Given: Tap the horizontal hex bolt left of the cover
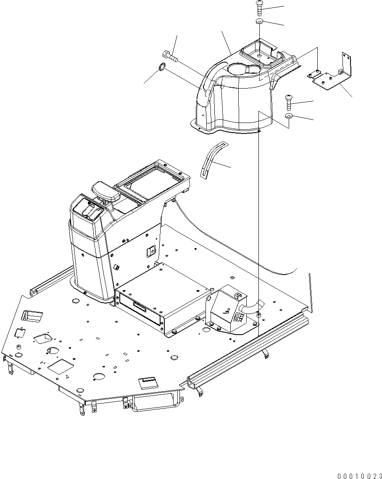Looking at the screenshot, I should (x=170, y=55).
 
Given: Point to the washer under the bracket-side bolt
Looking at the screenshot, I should (x=289, y=116).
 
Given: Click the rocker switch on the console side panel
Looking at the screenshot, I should (x=150, y=252).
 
